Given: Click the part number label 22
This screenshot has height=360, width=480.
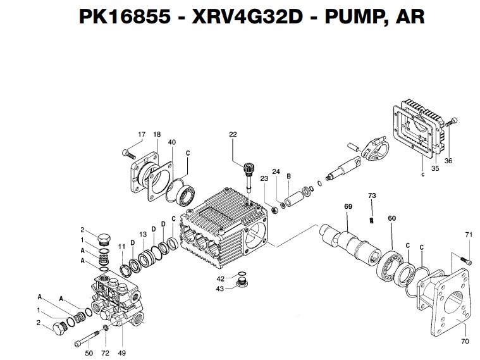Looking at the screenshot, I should coord(233,134).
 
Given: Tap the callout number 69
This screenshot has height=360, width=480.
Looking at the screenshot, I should coord(348,207).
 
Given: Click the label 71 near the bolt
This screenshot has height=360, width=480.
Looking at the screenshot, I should coord(469,235).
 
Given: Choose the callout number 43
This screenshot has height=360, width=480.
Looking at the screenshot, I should coord(221,289).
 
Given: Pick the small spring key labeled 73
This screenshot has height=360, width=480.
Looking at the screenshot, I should coord(372,219).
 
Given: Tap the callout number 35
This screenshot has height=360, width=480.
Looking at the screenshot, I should coord(435,169).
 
